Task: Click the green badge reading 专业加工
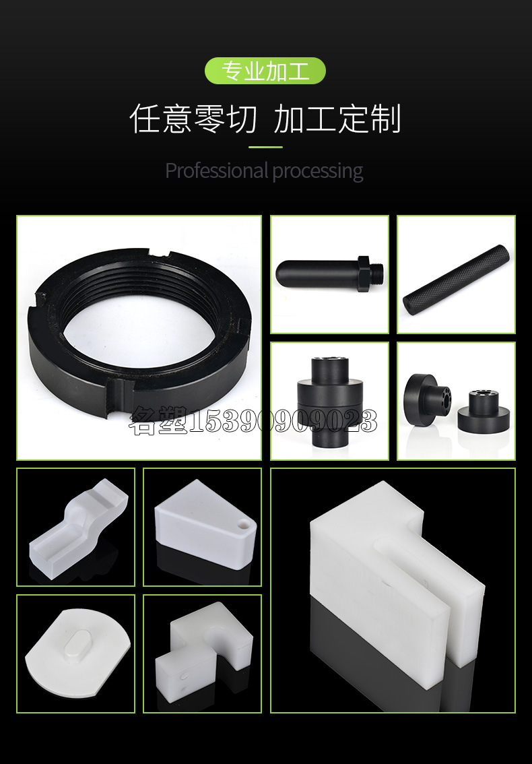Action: [265, 71]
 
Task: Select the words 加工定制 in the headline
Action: [337, 119]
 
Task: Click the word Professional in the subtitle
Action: [217, 171]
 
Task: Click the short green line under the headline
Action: [265, 147]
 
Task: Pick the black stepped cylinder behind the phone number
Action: [330, 402]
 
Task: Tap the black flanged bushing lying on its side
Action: [427, 400]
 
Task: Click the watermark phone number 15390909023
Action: [282, 421]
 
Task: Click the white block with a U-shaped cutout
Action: [204, 645]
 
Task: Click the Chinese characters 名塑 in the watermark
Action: [158, 421]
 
